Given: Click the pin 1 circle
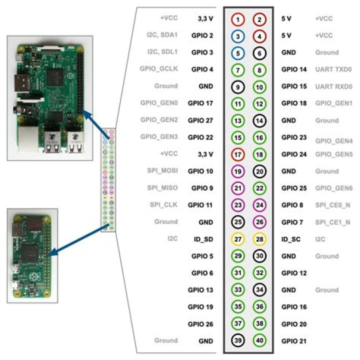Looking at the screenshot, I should tap(238, 19).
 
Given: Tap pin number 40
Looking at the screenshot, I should tap(259, 340).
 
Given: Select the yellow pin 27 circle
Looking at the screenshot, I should tap(238, 239).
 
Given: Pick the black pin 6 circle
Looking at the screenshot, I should tap(259, 52).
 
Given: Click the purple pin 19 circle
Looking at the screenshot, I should tap(238, 171).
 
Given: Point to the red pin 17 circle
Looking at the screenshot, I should tap(238, 154).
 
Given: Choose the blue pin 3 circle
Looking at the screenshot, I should tap(238, 36).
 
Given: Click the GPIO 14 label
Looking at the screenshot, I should tap(293, 69).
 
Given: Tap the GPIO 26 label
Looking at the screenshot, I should tap(200, 323).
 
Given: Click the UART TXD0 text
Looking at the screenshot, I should tap(333, 69).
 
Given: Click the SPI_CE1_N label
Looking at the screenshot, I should tap(333, 222).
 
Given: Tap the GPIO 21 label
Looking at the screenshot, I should tap(293, 340).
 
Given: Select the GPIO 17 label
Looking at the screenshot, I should tap(200, 103).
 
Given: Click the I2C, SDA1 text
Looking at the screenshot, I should tap(160, 36).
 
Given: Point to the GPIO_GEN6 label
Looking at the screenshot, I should tap(333, 188).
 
